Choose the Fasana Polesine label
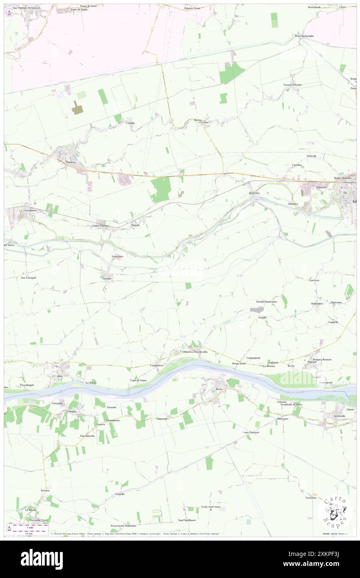tap(293, 84)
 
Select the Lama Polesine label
tap(100, 225)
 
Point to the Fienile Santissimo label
tap(266, 301)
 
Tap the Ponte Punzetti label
tap(251, 432)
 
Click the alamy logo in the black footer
tap(42, 559)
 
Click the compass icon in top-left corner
tap(9, 12)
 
